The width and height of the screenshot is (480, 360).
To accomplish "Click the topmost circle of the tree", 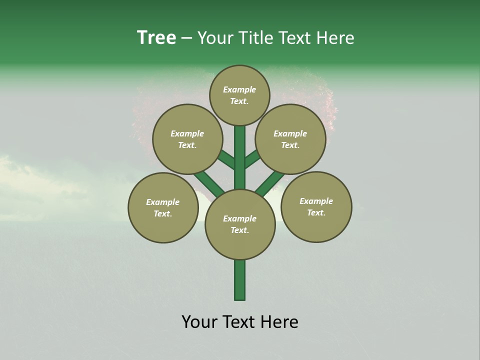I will click(x=239, y=95).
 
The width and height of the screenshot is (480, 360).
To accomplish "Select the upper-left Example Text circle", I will click(x=187, y=139).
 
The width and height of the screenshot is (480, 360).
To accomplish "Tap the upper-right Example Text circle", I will click(x=290, y=139).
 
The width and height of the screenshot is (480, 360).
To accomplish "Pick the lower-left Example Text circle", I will click(x=163, y=207).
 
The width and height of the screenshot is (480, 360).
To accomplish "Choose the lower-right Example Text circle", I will click(x=316, y=206).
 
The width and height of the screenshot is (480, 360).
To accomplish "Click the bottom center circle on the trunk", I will click(x=240, y=224).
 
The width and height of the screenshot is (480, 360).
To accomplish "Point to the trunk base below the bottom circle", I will click(x=240, y=280).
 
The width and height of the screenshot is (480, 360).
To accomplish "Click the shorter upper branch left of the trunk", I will click(x=227, y=160).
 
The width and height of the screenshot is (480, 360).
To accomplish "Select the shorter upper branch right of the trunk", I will click(x=252, y=159).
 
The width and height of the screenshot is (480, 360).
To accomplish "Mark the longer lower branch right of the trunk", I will click(x=270, y=183).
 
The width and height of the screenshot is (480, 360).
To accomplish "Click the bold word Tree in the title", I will click(x=156, y=37).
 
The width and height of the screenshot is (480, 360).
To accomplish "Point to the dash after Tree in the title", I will click(x=187, y=38).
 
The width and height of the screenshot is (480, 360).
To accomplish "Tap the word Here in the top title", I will click(x=335, y=37).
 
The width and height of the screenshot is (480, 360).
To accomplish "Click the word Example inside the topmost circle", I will click(x=239, y=89).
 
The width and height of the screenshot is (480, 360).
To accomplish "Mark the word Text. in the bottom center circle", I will click(x=239, y=230).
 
